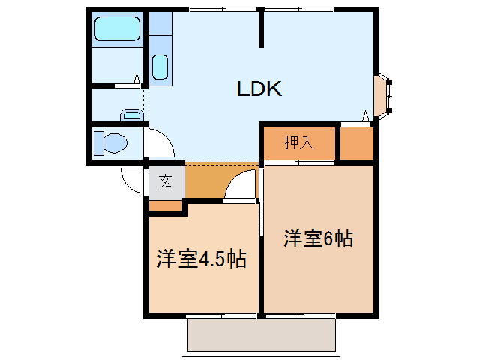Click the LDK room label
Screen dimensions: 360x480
[x=259, y=89]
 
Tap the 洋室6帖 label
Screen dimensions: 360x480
[x=318, y=239]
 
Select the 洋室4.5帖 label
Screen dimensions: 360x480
[x=201, y=259]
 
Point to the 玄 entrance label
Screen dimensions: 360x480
[x=166, y=181]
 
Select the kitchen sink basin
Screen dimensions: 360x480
[x=160, y=67]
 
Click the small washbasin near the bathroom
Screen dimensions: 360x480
[x=132, y=115]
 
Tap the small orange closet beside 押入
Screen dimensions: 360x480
[x=356, y=144]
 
